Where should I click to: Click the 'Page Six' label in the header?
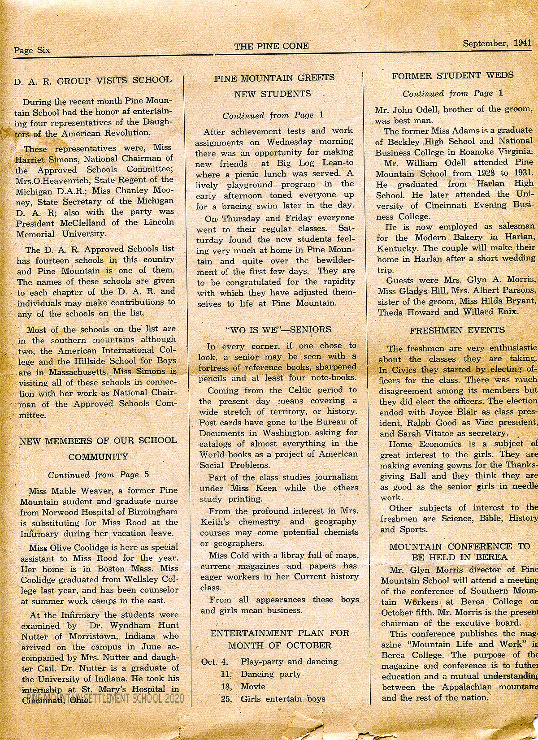32,50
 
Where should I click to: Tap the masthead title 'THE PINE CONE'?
271,46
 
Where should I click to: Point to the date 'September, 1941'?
497,43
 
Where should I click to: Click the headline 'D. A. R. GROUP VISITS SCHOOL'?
93,80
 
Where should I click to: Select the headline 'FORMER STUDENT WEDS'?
453,76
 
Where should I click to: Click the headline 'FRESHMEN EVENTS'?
457,330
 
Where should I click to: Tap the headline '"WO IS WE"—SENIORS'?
278,329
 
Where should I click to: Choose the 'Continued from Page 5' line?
99,475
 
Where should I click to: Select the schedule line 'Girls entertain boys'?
283,699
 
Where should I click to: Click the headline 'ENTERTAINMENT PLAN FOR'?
279,633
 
